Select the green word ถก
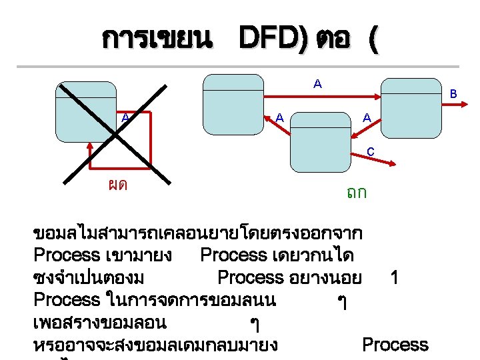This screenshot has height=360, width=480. coord(357,193)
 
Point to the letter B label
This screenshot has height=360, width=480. coord(453,95)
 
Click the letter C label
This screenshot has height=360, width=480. coord(370,152)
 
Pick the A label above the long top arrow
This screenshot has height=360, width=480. coord(317,84)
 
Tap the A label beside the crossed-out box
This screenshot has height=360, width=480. coord(125,118)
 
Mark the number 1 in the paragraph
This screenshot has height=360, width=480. coord(395,277)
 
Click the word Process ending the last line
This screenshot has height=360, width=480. coord(395,345)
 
